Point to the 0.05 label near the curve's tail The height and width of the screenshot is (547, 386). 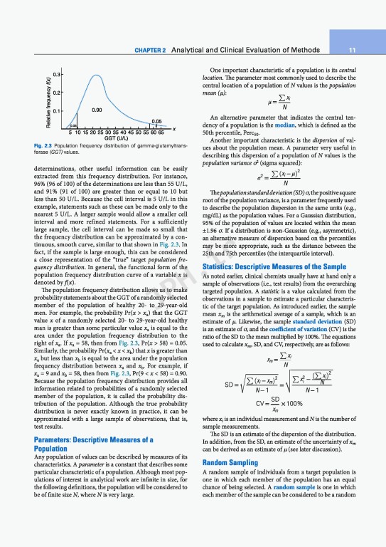pyautogui.click(x=156, y=121)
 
